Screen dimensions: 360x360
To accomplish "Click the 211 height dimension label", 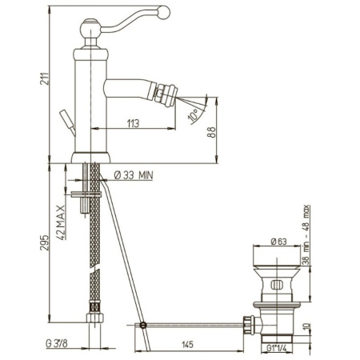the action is [44, 78].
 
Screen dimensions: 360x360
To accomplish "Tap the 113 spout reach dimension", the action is [133, 123].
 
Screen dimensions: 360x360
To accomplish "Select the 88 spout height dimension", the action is [211, 132].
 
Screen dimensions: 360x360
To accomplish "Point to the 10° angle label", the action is [193, 116].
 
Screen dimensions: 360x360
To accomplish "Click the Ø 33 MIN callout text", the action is [134, 175].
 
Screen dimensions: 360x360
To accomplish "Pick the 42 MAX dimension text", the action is [62, 222].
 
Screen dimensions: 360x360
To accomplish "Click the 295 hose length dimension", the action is [45, 242].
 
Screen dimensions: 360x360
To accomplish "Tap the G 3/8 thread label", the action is [57, 343].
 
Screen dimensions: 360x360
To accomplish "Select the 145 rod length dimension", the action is [188, 345].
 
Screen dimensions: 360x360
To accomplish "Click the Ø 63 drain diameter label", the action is [278, 242].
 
